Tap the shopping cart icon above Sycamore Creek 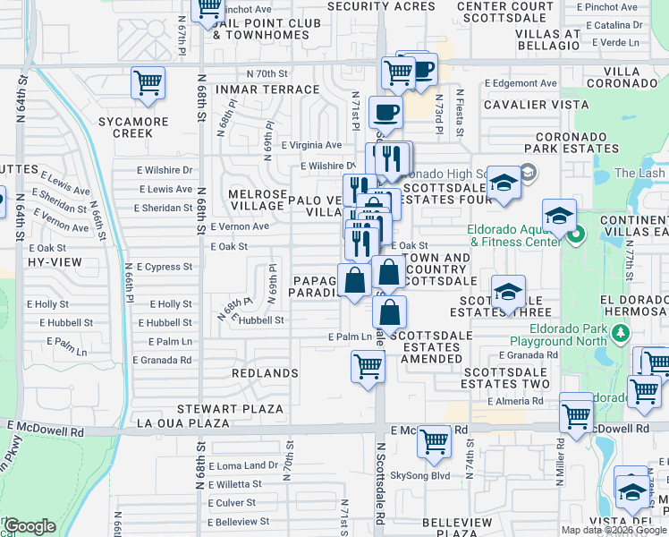[x=148, y=82]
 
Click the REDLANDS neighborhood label [x=265, y=372]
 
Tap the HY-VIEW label [x=55, y=262]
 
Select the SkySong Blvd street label [x=420, y=475]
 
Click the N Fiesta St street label [x=460, y=112]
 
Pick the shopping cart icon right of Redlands [x=368, y=366]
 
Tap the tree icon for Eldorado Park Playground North [x=620, y=334]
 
